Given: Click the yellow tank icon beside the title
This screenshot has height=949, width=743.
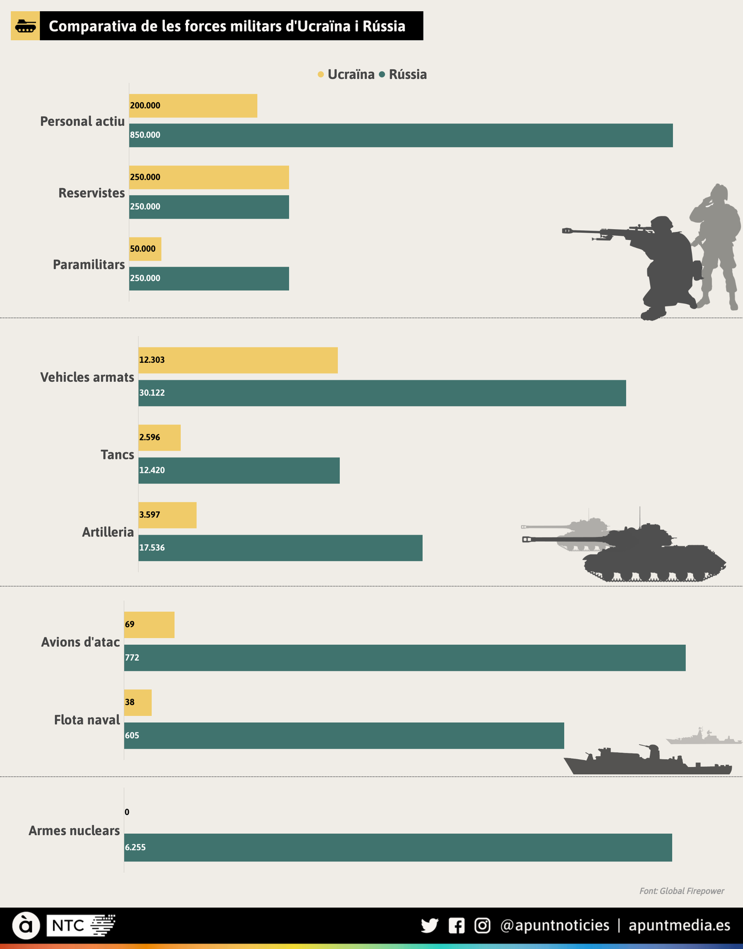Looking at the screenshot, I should tap(25, 26).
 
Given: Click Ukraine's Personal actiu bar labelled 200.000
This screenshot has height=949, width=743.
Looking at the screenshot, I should tap(193, 106).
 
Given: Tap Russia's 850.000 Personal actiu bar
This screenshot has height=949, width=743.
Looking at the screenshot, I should tap(400, 135).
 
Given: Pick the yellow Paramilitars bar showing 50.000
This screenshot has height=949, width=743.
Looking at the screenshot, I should tap(145, 249).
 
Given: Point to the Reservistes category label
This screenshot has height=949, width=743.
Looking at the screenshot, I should tap(91, 193).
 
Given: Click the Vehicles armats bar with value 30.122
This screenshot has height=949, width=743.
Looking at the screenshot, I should tap(382, 393).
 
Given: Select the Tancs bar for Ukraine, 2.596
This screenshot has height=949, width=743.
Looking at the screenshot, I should tap(159, 438).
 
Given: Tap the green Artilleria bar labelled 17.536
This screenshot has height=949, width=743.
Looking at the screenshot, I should tap(280, 548).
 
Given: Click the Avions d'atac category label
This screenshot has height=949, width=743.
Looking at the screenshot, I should tap(80, 642).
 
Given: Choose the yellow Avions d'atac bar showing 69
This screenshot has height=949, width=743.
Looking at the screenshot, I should tap(149, 625).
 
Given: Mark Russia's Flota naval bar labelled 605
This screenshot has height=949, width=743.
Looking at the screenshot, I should tap(344, 735).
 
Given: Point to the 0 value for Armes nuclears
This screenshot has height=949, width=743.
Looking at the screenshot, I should tap(127, 812).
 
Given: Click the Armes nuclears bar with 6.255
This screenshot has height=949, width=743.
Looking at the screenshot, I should tap(398, 847).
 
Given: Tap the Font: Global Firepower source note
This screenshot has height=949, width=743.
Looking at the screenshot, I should tap(681, 891).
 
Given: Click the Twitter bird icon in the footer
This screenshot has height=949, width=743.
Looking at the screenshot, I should tap(430, 925).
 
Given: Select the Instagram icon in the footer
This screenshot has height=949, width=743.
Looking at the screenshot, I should tap(482, 925).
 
